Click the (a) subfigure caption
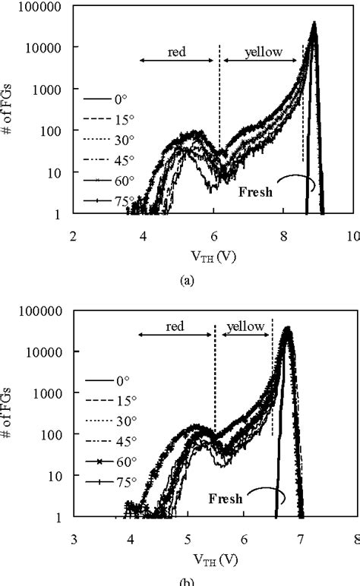tap(185, 279)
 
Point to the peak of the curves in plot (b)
tap(287, 329)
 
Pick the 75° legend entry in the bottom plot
tap(122, 481)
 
